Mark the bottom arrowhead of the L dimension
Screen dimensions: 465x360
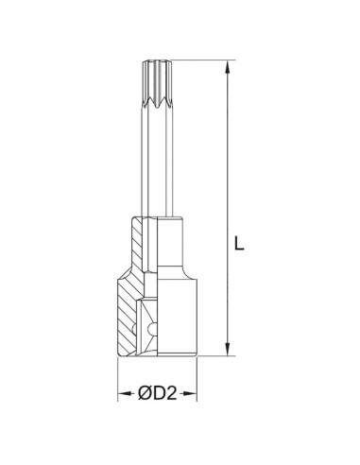click(227, 351)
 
